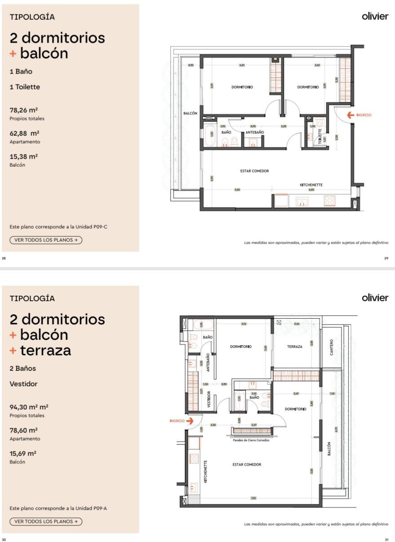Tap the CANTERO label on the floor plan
point(332,347)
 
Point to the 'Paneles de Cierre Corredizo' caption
point(251,440)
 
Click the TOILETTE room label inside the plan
point(320,136)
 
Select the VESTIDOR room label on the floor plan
point(208,399)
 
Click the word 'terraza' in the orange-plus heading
point(45,351)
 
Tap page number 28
point(4,258)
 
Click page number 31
point(386,539)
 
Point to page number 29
point(386,258)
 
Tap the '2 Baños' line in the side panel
point(22,369)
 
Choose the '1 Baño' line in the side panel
point(21,71)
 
